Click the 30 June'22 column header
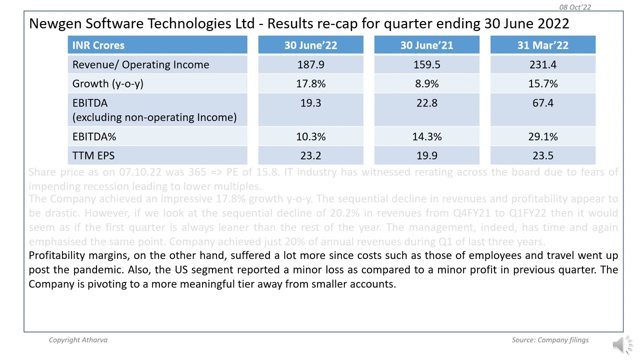coord(310,45)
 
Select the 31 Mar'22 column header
coord(542,45)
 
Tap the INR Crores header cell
coord(98,45)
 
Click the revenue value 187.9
coord(310,64)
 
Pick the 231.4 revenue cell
coord(542,64)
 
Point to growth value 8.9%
coord(426,83)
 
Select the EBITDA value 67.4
coord(542,103)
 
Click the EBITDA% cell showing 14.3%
coord(426,136)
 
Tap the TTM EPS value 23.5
coord(542,155)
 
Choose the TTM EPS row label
coord(93,155)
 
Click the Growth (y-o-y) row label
coord(107,83)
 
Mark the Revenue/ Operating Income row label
coord(140,64)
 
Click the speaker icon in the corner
coord(621,344)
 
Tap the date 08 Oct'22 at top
coord(575,7)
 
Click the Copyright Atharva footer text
coord(78,340)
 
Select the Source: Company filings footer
coord(550,340)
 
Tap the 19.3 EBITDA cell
coord(310,103)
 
